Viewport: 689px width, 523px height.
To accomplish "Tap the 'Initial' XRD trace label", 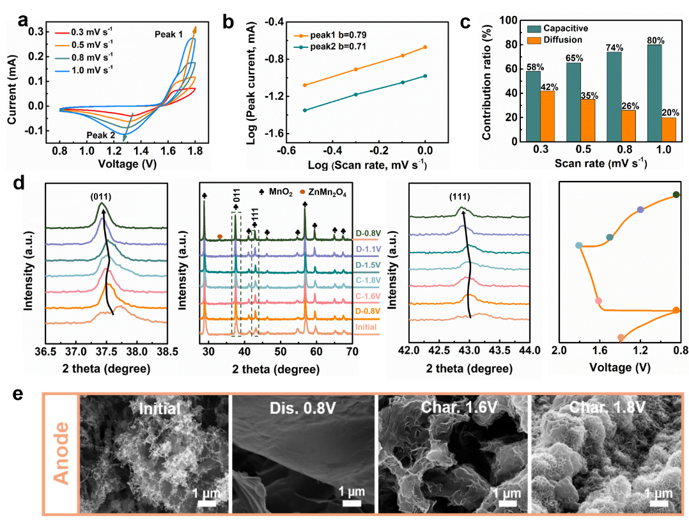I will (x=366, y=327).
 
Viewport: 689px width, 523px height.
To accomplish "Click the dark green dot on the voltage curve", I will (x=676, y=195).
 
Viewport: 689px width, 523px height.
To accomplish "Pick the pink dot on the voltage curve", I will (x=598, y=301).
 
